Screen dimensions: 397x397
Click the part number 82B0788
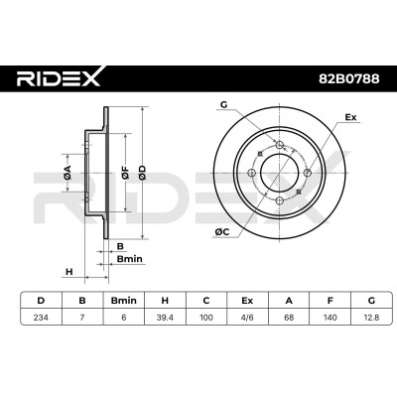[348, 78]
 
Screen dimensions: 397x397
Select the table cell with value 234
[41, 318]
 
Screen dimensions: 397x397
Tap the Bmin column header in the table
[124, 301]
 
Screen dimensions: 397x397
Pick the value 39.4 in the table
[165, 318]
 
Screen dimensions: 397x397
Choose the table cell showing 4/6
[247, 318]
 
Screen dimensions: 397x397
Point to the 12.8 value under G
[371, 318]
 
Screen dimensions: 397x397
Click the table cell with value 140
[331, 318]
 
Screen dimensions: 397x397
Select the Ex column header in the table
[247, 301]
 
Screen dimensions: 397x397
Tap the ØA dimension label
[67, 173]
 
